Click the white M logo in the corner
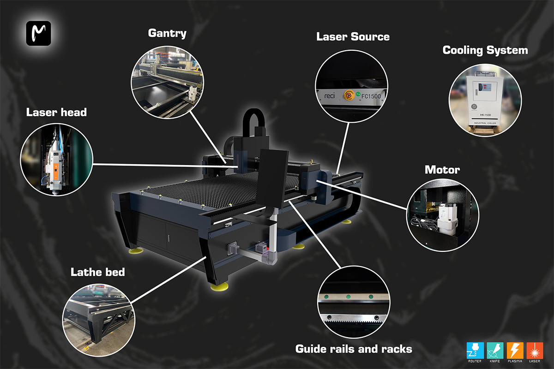[x=38, y=33]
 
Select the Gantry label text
[x=167, y=33]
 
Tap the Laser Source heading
[x=353, y=37]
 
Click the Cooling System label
[x=485, y=50]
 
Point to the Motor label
[x=442, y=170]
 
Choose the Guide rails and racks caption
[x=354, y=349]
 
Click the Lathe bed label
[x=97, y=272]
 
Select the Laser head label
[x=56, y=112]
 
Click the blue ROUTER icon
[x=475, y=351]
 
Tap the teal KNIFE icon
[x=495, y=351]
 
